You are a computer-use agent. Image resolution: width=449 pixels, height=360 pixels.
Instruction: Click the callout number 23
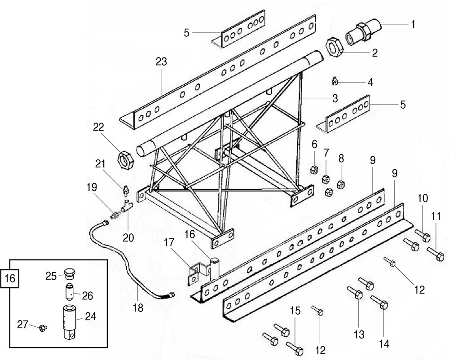[x=161, y=61]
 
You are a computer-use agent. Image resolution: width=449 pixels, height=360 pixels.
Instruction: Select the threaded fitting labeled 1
[x=363, y=31]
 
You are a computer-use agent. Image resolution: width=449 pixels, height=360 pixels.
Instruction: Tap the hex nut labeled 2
[x=335, y=47]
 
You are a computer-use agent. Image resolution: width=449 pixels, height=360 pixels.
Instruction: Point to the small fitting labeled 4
[x=335, y=82]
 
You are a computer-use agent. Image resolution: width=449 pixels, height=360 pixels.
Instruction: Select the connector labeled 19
[x=115, y=215]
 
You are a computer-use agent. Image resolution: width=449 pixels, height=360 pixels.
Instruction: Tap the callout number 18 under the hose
[x=138, y=308]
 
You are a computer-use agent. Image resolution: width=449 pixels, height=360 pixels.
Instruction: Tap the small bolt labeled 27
[x=43, y=328]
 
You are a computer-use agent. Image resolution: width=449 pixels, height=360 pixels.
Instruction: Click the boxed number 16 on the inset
[x=10, y=278]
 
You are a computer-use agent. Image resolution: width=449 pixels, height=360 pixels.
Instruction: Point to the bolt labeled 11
[x=436, y=254]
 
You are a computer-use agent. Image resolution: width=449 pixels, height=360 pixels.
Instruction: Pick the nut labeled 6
[x=314, y=170]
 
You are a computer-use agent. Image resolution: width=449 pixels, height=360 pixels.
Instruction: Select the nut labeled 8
[x=340, y=185]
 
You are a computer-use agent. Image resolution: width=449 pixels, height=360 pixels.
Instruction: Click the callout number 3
[x=335, y=98]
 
